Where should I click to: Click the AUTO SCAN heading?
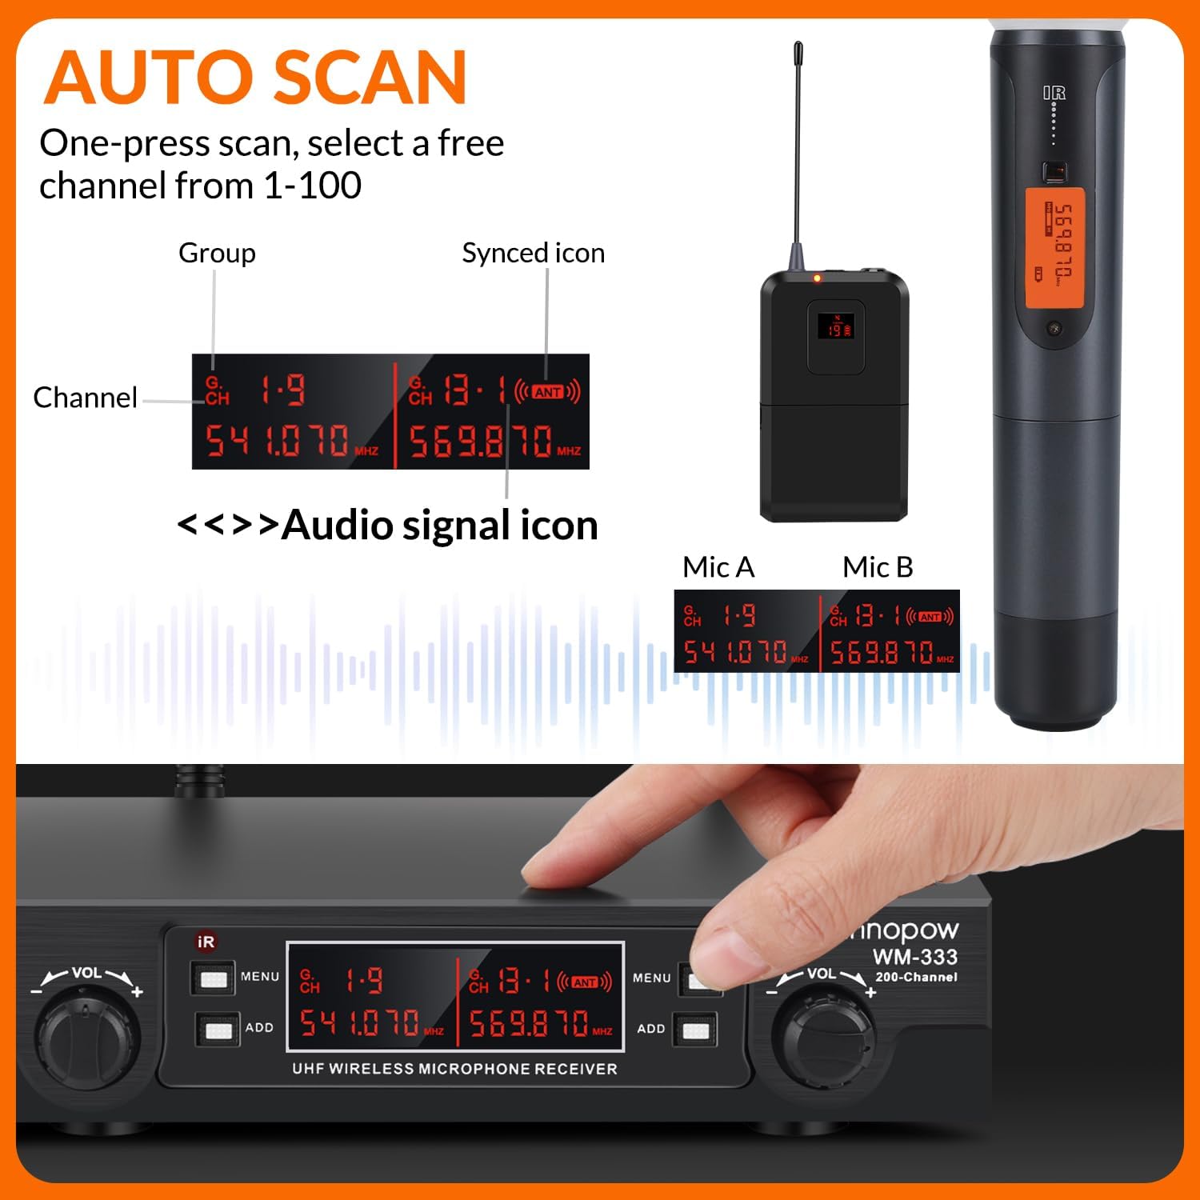point(255,78)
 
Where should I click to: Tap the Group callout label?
point(217,253)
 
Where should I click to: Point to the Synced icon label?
point(533,253)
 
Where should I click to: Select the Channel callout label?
point(85,398)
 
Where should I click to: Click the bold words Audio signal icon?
point(439,526)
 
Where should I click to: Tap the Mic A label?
point(718,567)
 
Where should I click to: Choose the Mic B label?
point(878,567)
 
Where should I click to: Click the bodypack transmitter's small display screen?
point(836,326)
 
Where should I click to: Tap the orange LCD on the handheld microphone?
point(1054,248)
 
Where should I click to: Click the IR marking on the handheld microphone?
point(1054,94)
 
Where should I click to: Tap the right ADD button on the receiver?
point(695,1030)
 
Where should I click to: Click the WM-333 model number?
point(914,957)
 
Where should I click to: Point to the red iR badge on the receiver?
point(206,942)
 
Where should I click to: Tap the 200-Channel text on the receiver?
point(916,977)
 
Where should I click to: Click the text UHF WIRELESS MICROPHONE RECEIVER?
point(454,1069)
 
